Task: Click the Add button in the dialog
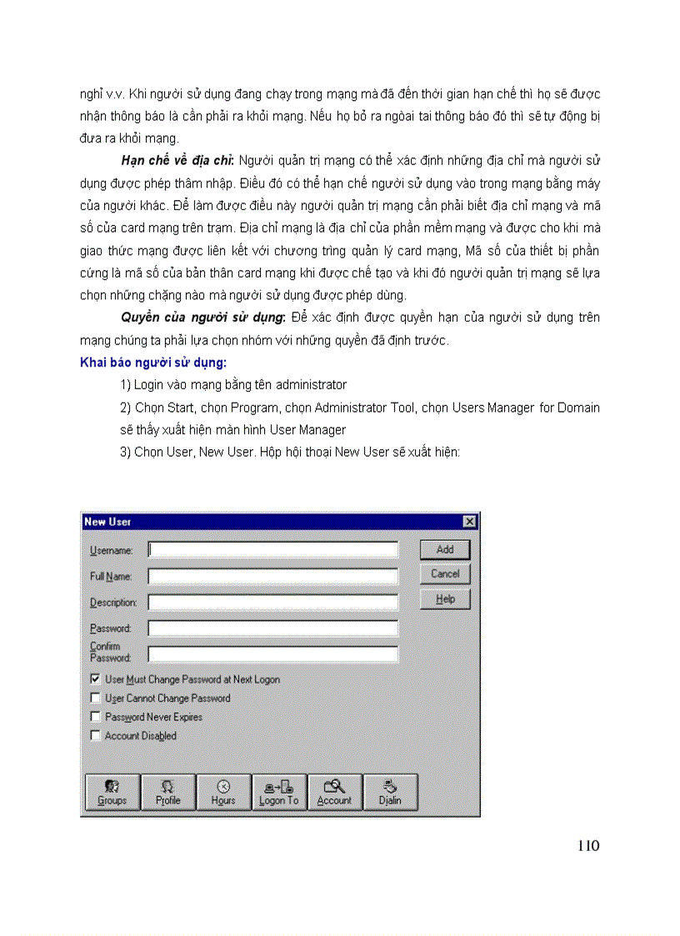point(445,549)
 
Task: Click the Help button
point(445,599)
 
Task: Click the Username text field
point(272,550)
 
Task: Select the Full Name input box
point(272,576)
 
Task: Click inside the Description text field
point(272,602)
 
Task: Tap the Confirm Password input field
point(272,653)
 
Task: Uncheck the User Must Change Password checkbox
point(95,679)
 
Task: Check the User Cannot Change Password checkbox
point(95,698)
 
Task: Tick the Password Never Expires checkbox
point(95,717)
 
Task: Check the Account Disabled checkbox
point(95,736)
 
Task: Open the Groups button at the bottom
point(112,792)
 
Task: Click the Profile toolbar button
point(167,792)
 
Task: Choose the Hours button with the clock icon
point(223,792)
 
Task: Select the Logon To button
point(278,792)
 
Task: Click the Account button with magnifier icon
point(334,792)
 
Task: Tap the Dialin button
point(390,792)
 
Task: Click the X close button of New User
point(469,522)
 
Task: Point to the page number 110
point(587,846)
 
